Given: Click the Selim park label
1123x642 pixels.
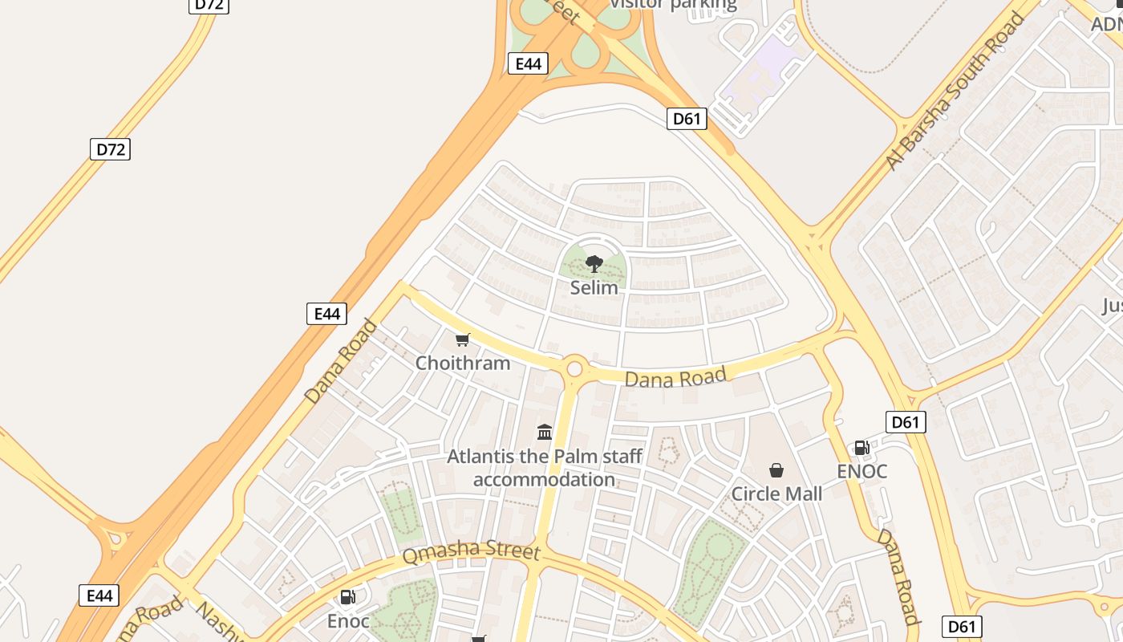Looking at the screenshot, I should point(594,287).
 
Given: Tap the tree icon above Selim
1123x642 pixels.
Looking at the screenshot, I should point(594,263).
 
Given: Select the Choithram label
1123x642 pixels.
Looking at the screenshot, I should point(462,363).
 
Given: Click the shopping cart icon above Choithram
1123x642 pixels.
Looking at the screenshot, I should point(462,340).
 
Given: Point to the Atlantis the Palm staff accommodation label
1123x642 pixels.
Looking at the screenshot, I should point(545,468).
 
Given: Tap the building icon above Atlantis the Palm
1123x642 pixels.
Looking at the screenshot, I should point(545,433).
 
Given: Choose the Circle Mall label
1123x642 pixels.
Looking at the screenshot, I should point(776,494).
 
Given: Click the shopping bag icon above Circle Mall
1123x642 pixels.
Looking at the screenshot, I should point(776,470).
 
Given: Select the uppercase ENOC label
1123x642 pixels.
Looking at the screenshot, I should point(862,471).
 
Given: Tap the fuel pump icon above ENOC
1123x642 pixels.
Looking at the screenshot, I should point(862,448).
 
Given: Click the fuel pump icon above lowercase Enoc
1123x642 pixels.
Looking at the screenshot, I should point(348,597).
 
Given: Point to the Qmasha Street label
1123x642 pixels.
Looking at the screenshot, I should point(471,552).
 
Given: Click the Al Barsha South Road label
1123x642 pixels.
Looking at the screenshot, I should point(955,91).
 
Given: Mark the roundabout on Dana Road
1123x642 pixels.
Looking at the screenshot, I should point(574,369).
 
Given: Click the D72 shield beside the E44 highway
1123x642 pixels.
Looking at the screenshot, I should point(109,149).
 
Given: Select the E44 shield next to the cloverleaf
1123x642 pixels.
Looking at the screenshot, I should point(528,64).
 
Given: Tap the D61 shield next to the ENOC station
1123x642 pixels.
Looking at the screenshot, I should point(906,422).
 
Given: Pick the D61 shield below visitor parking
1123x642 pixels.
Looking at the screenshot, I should point(686,120).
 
